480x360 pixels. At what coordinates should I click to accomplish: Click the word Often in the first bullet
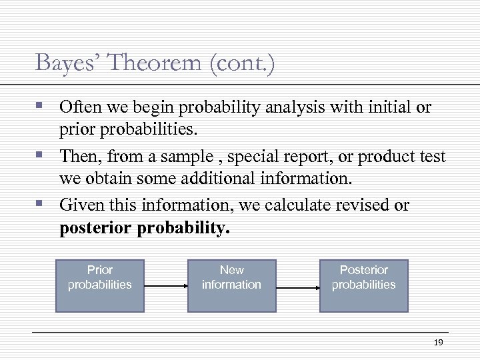(x=78, y=107)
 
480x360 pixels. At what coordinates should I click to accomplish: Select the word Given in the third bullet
(x=78, y=205)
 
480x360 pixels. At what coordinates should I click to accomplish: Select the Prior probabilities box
(x=100, y=286)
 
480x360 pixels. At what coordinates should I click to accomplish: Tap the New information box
(x=231, y=286)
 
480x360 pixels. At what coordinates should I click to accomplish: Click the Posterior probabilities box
(x=363, y=286)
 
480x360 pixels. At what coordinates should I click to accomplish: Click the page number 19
(x=438, y=342)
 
